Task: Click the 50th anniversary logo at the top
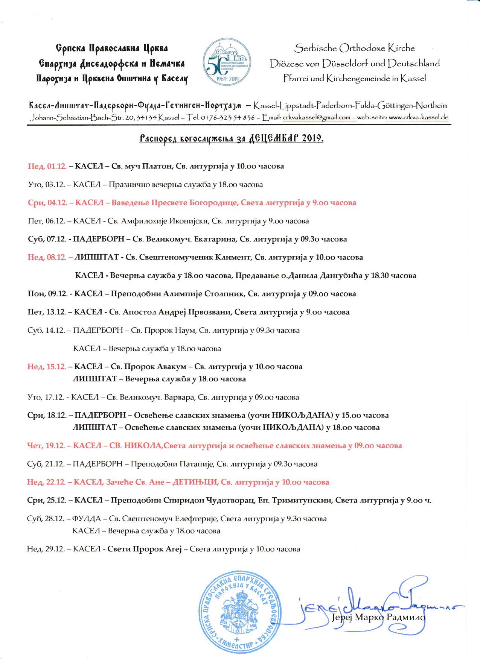pos(227,63)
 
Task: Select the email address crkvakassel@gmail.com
pos(317,117)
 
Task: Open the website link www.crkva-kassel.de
pos(418,117)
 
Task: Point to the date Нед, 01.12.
pos(47,166)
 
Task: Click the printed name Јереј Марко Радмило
pos(378,618)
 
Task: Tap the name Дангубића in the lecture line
pos(341,276)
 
